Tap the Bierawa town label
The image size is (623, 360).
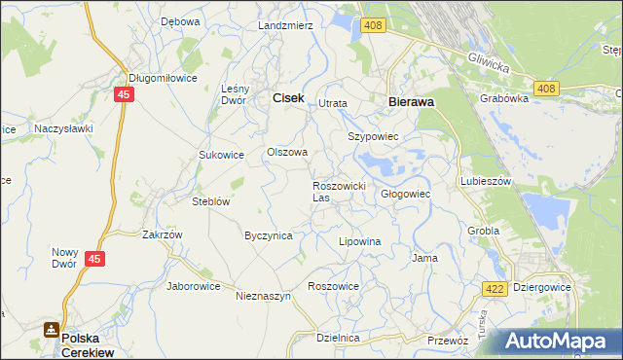pyautogui.click(x=411, y=100)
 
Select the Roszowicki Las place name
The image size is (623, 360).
pyautogui.click(x=338, y=191)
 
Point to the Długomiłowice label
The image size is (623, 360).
pyautogui.click(x=164, y=78)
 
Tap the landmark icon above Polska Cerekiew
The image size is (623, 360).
pyautogui.click(x=51, y=331)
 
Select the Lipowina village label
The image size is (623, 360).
pyautogui.click(x=358, y=240)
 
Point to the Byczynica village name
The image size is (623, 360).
pyautogui.click(x=269, y=235)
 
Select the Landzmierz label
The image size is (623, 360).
pyautogui.click(x=285, y=25)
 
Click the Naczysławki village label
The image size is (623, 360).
pyautogui.click(x=63, y=127)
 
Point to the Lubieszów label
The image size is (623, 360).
pyautogui.click(x=486, y=181)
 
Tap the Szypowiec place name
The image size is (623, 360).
pyautogui.click(x=374, y=137)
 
